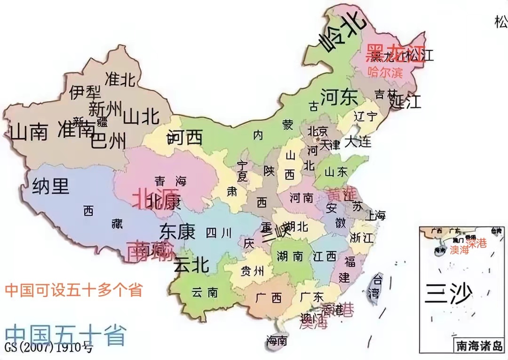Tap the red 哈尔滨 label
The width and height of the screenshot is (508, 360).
coord(385,72)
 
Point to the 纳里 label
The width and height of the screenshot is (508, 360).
coord(51,187)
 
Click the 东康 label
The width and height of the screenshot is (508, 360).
coord(177,231)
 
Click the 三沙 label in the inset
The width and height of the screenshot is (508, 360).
coord(447,294)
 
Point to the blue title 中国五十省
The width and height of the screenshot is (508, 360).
coord(66,335)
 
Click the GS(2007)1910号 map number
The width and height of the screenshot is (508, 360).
coord(49,348)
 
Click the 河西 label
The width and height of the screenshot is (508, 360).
coord(184,138)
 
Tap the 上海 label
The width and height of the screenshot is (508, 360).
coord(375,216)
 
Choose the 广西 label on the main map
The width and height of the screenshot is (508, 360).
coord(268,297)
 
